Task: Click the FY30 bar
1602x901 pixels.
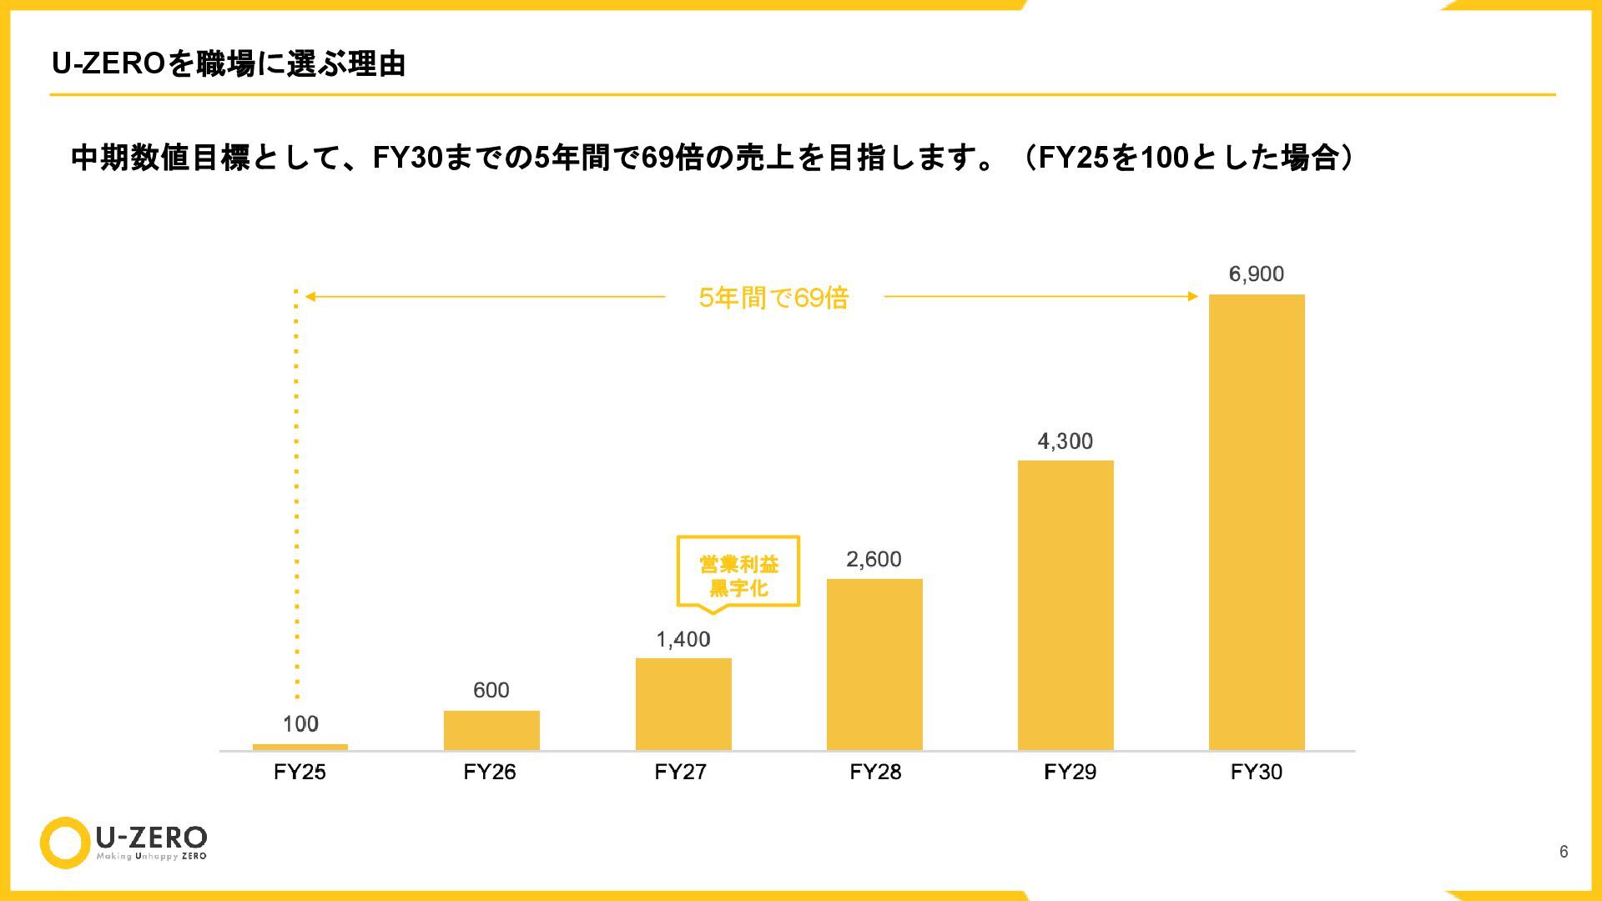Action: [x=1257, y=522]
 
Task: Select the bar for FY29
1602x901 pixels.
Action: [x=1065, y=605]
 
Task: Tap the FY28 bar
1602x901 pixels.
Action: [x=874, y=664]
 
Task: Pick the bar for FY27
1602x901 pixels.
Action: [x=683, y=704]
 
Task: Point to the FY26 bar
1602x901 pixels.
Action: [x=491, y=730]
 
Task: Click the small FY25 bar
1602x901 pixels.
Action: [x=300, y=747]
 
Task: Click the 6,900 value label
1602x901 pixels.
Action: [x=1256, y=274]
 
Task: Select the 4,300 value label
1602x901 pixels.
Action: [x=1065, y=441]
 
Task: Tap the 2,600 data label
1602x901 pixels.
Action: [x=874, y=559]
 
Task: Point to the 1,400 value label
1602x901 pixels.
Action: [x=683, y=639]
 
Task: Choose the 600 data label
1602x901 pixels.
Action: [x=491, y=690]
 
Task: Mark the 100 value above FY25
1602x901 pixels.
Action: [x=300, y=724]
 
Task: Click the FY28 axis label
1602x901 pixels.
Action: [x=875, y=772]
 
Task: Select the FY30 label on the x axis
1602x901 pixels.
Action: [x=1256, y=772]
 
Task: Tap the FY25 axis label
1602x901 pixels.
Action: [x=300, y=772]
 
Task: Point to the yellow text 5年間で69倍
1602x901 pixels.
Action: [x=773, y=298]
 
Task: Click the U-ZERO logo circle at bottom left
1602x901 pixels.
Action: [x=65, y=843]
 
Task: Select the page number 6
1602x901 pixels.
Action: [x=1564, y=851]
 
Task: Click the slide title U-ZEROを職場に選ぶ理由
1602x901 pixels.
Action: [x=229, y=64]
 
